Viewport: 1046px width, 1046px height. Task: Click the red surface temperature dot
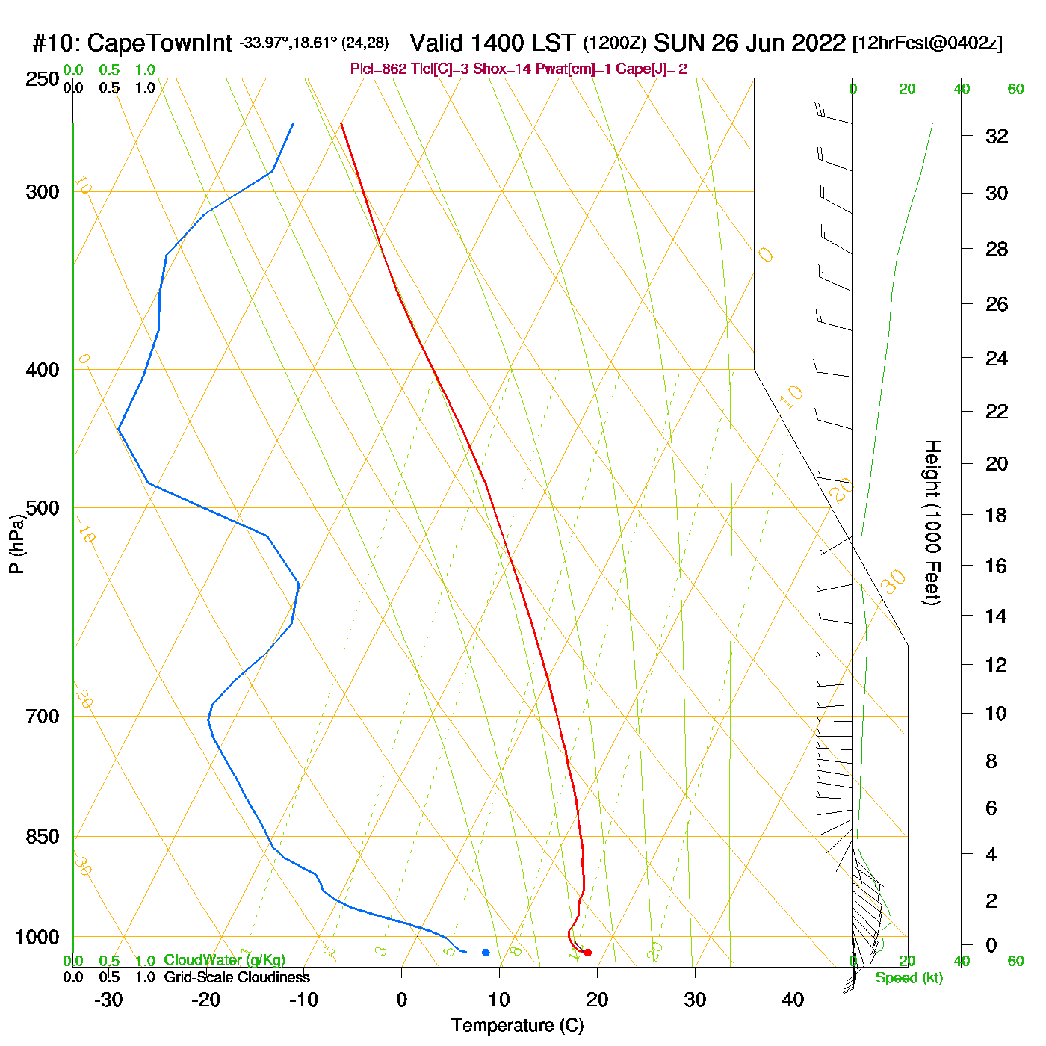pos(587,952)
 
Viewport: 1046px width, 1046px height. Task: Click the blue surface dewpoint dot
pos(486,952)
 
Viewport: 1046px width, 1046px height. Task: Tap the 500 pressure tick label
pos(43,508)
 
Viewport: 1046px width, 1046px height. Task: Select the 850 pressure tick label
pos(43,837)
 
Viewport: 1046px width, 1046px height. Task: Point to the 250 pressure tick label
pos(43,79)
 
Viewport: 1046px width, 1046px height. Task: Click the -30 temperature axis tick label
pos(108,1000)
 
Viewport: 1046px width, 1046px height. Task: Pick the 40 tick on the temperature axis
pos(793,1000)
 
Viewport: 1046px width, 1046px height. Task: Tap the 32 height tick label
pos(997,136)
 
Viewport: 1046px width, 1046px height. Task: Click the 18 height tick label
pos(997,515)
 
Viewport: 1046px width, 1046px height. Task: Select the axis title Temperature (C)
pos(517,1026)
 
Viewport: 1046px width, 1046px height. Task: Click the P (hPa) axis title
pos(16,544)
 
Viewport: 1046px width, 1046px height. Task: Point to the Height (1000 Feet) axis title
pos(932,522)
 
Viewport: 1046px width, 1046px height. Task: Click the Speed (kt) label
pos(909,978)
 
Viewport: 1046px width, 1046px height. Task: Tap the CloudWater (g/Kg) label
pos(224,960)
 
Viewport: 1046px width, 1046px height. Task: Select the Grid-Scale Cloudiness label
pos(237,977)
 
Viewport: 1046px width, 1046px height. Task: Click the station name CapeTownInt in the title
pos(159,43)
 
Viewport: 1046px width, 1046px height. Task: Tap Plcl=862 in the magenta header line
pos(379,69)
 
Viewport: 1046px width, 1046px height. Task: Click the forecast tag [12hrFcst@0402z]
pos(927,43)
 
